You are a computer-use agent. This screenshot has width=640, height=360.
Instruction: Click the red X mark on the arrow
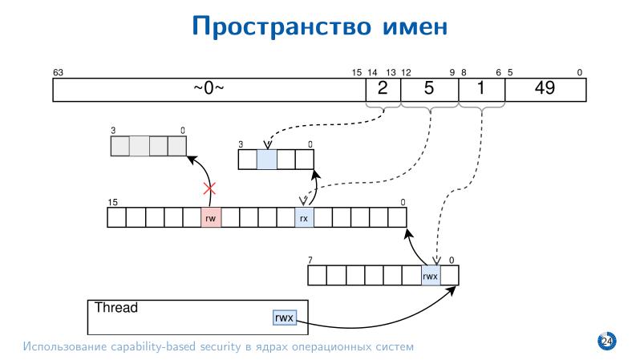click(211, 190)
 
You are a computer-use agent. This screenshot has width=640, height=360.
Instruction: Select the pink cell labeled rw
click(211, 217)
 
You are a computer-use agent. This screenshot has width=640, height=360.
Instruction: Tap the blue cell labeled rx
click(304, 217)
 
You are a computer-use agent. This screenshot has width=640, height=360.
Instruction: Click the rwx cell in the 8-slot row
click(431, 276)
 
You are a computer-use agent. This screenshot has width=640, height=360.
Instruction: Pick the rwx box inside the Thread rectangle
click(285, 318)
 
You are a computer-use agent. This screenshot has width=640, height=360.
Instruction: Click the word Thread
click(116, 308)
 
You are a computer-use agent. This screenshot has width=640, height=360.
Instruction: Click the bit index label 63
click(58, 72)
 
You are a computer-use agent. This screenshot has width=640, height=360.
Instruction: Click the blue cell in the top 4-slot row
click(266, 159)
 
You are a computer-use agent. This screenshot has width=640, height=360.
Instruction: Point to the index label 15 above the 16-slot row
click(112, 202)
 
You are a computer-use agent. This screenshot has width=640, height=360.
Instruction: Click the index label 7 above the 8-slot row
click(310, 260)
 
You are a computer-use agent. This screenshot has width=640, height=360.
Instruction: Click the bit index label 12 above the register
click(406, 72)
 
